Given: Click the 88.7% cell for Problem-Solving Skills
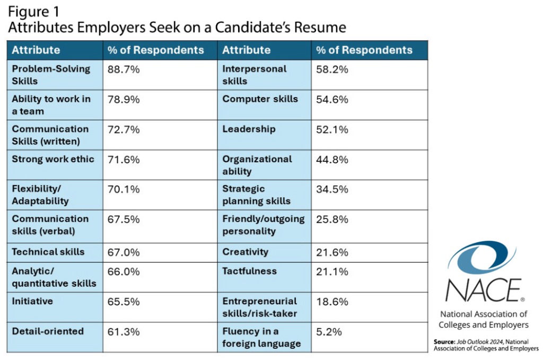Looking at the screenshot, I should point(124,69).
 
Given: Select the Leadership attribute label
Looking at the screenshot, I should point(249,129).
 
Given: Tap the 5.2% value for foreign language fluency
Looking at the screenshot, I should point(329,332).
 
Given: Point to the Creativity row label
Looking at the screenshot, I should point(245,252).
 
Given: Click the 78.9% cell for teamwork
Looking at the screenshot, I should point(124,99).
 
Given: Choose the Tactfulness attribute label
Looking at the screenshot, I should point(249,271).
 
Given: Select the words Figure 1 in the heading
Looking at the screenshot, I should point(35,11).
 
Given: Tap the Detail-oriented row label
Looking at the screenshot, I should point(48,331).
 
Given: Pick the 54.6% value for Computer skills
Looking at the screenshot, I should point(332,99).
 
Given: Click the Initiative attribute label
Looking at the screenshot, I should point(32,301).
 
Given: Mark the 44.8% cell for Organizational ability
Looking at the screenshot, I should point(332,159).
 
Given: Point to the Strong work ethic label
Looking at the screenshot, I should point(53,159).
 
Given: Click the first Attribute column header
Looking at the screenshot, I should point(36,50).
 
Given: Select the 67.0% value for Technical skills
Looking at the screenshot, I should point(124,252).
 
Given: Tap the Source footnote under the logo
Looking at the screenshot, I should point(486,345).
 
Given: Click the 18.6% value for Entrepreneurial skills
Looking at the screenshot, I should point(332,301).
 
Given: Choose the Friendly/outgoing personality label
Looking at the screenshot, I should point(264,225).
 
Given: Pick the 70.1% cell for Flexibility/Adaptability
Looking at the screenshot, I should point(124,189).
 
